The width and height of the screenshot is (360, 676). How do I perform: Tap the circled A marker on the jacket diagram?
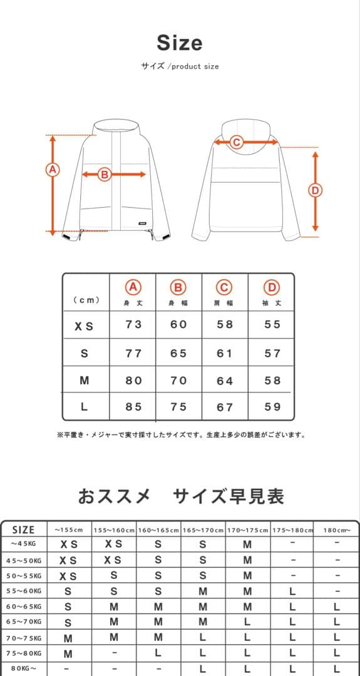(52, 170)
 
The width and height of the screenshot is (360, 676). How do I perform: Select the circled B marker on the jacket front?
(105, 175)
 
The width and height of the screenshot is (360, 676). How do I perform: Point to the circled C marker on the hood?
(236, 142)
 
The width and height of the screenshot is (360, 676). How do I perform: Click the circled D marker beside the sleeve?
(316, 190)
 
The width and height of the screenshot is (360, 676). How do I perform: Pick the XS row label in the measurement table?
(84, 326)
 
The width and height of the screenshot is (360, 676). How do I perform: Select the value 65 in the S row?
(178, 354)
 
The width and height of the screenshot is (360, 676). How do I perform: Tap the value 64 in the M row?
(224, 381)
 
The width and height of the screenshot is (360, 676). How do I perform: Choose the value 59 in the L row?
(272, 407)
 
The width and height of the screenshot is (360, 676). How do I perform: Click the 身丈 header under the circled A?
(133, 303)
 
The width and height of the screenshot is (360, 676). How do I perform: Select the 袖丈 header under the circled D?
(272, 303)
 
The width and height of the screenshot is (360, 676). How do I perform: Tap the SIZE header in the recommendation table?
(24, 530)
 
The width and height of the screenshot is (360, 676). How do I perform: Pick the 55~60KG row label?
(24, 591)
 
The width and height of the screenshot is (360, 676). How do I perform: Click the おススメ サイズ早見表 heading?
(181, 497)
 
